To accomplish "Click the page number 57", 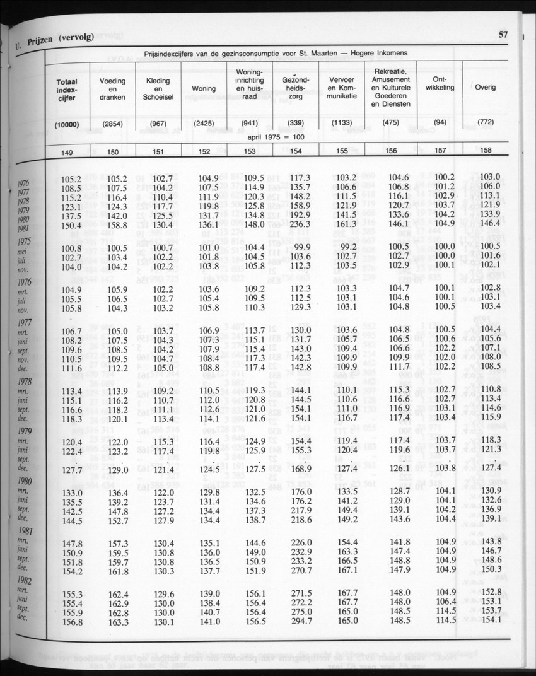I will [x=503, y=35].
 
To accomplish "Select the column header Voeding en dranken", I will [x=113, y=90].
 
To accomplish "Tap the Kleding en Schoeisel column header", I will [x=158, y=90].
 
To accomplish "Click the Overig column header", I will [x=486, y=87].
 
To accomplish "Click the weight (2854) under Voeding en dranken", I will [x=113, y=123].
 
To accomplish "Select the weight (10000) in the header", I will [x=67, y=124].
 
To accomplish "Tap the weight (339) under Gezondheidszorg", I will [x=296, y=122].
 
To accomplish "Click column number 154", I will [x=296, y=151].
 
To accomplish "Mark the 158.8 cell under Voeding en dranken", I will [x=117, y=224].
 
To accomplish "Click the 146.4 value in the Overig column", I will [x=489, y=223].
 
